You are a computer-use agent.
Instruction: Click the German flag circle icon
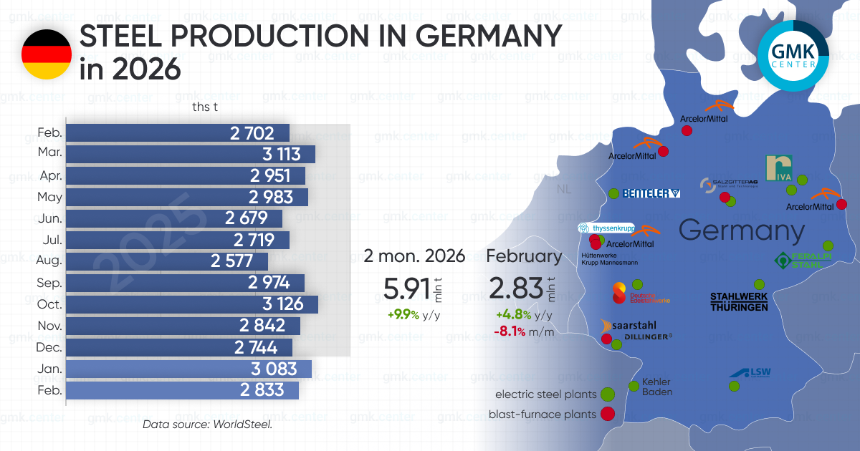(x=47, y=54)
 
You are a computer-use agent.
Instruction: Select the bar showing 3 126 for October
(x=192, y=304)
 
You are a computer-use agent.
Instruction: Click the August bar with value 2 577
(x=167, y=261)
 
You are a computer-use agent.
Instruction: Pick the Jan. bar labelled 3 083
(x=188, y=369)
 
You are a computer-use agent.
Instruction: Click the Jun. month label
(x=49, y=219)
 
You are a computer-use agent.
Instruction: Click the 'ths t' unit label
(x=205, y=107)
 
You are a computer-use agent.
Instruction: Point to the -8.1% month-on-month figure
(x=510, y=331)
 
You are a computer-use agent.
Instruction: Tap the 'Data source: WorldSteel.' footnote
(x=207, y=425)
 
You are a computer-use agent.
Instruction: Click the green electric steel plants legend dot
(x=608, y=394)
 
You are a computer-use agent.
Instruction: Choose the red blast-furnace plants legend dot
(x=608, y=413)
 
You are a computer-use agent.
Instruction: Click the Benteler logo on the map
(x=651, y=193)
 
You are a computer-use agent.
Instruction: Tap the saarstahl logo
(x=630, y=325)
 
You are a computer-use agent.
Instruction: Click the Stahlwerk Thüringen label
(x=738, y=301)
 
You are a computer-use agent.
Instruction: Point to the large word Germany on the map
(x=741, y=231)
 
